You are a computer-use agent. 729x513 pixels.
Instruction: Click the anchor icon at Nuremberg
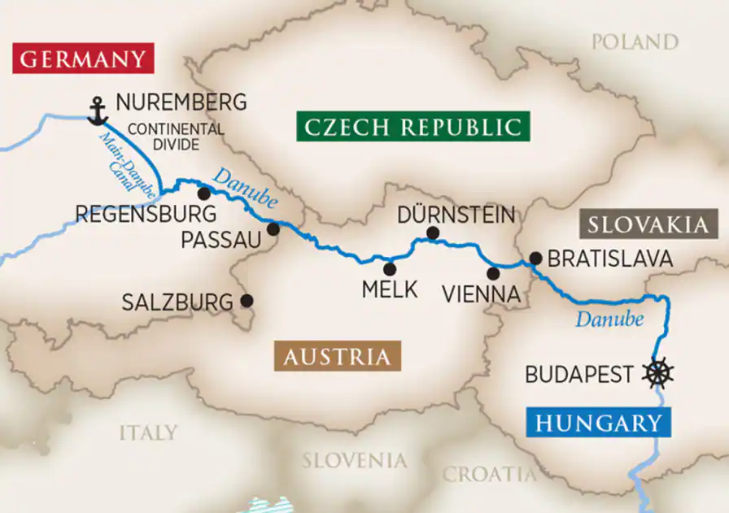tap(98, 111)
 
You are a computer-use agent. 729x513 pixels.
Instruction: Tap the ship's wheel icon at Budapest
tap(657, 373)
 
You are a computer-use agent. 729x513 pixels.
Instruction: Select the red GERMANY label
tap(83, 59)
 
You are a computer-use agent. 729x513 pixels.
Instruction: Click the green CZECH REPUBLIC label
tap(412, 127)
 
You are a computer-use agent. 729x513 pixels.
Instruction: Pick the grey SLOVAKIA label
tap(648, 224)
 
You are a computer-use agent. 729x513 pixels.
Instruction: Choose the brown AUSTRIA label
tap(336, 357)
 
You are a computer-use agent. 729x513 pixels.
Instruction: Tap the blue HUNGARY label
tap(598, 423)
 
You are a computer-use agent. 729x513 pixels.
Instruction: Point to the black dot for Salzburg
tap(247, 301)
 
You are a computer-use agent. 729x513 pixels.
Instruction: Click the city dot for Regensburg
tap(203, 193)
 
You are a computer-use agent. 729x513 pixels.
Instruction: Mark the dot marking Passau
tap(273, 229)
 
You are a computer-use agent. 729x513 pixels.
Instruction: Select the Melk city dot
tap(390, 269)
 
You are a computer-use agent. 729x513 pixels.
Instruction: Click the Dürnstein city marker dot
tap(433, 234)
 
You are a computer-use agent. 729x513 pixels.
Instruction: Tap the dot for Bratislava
tap(535, 259)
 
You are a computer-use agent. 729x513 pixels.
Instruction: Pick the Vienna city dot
tap(493, 273)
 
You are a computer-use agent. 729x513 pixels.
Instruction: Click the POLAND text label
tap(635, 42)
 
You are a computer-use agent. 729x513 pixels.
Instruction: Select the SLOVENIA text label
tap(354, 461)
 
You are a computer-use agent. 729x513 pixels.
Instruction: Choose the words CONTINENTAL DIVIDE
tap(175, 136)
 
